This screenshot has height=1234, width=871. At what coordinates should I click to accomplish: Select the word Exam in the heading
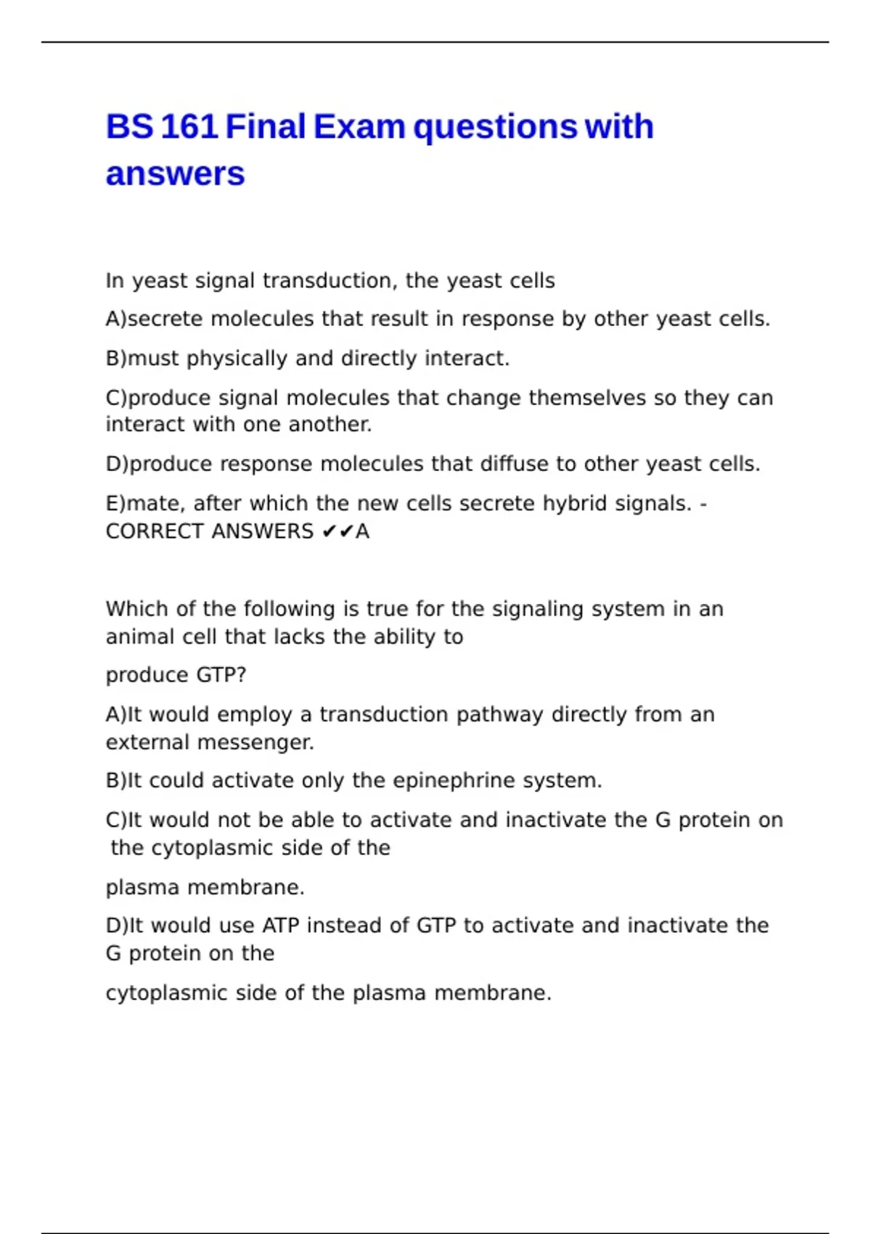359,126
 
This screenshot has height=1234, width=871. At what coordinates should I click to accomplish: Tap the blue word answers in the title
175,174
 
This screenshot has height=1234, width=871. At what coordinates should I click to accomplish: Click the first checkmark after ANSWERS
329,532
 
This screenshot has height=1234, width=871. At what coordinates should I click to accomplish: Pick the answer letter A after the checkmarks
362,531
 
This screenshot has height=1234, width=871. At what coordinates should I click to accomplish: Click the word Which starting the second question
134,608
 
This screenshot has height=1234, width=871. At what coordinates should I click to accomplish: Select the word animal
131,637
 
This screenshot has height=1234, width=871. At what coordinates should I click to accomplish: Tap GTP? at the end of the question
221,675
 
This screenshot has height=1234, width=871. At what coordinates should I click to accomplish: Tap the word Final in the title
265,126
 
